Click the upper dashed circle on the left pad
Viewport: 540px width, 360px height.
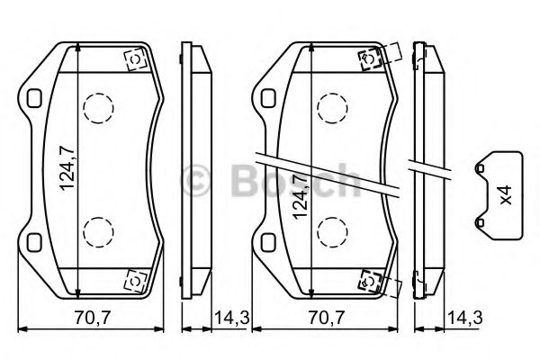coord(97,111)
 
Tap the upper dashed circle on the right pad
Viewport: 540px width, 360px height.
coord(333,111)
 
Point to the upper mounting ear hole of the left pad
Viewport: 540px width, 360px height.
coord(35,98)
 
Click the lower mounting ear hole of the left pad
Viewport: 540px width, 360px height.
coord(35,242)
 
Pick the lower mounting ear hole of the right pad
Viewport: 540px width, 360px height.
coord(269,242)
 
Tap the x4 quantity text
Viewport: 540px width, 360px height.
coord(505,193)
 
